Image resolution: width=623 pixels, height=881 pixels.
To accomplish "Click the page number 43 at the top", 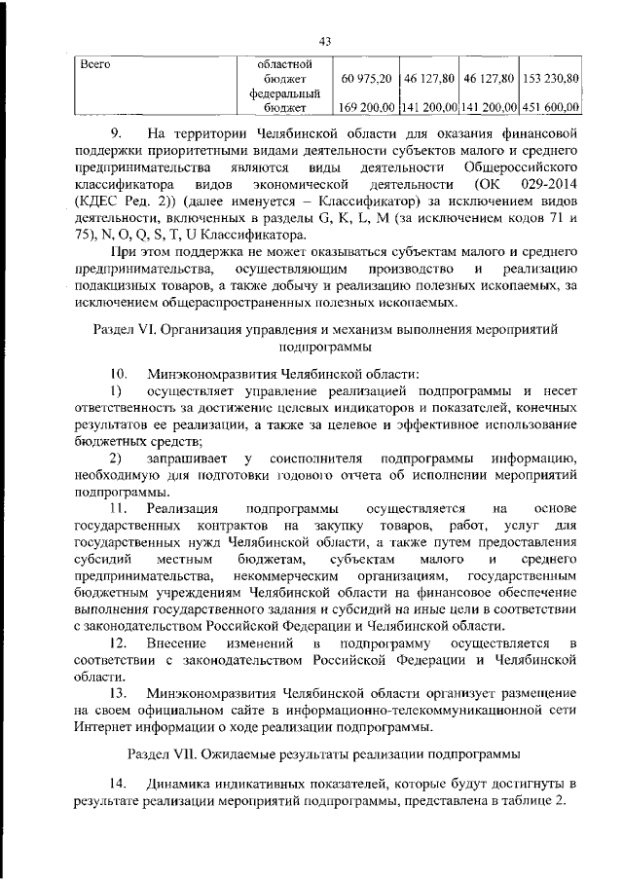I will [325, 40].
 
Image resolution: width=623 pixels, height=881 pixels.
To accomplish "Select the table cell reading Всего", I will [94, 64].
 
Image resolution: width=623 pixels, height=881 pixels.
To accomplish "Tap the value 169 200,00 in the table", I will [367, 107].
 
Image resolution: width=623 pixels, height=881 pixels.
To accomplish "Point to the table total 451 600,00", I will [551, 107].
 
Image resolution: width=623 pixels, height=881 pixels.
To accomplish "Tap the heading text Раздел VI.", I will [128, 329].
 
